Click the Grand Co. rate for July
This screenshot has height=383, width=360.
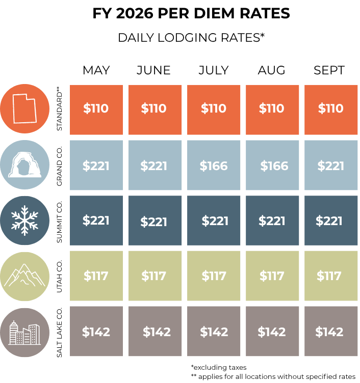[x=214, y=166]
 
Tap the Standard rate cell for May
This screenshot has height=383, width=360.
[x=96, y=110]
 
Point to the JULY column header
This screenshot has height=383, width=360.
[x=214, y=70]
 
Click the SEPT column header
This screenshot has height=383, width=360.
[x=329, y=70]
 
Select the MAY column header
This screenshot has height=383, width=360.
[x=96, y=70]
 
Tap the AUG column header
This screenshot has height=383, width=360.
[x=271, y=70]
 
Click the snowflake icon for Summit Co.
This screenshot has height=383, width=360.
[x=24, y=221]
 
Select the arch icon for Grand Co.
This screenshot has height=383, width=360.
[x=24, y=165]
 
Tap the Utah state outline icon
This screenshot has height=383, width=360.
[x=24, y=108]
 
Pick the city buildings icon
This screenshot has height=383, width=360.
[x=24, y=333]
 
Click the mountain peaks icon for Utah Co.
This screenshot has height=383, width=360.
[x=24, y=275]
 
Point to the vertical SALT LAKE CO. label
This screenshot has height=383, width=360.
[x=60, y=332]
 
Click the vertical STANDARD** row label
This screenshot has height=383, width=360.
[x=60, y=108]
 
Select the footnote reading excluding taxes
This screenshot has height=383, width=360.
[x=219, y=367]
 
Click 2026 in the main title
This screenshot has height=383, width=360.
[x=135, y=13]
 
